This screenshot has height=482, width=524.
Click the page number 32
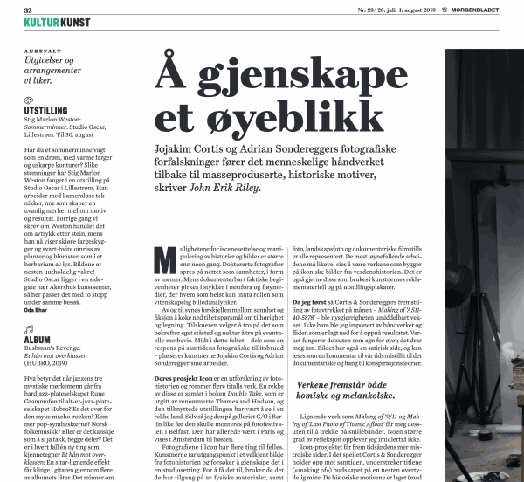29,9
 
